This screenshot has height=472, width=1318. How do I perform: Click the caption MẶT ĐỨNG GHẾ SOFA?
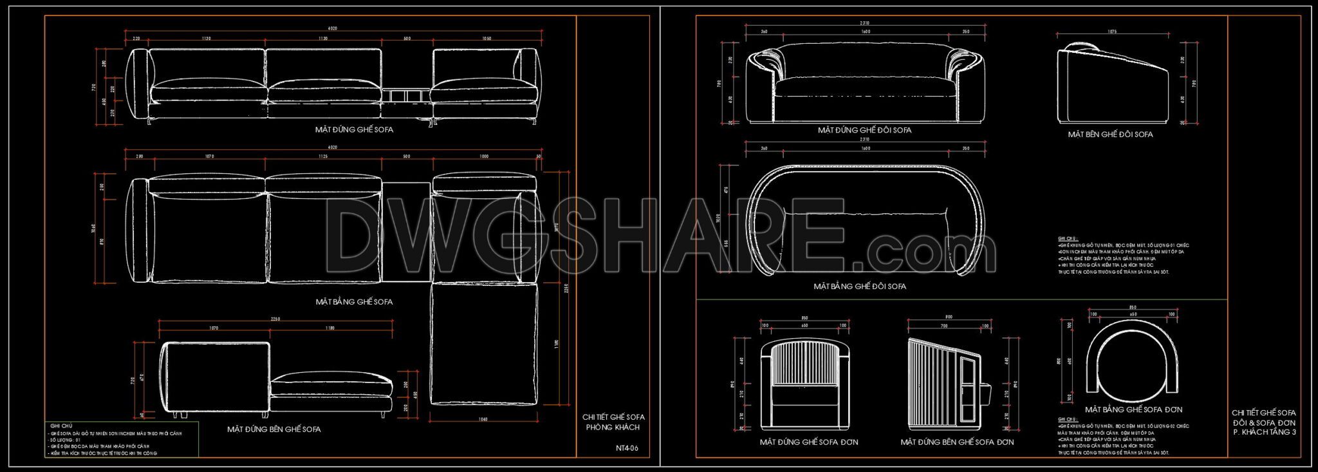point(354,129)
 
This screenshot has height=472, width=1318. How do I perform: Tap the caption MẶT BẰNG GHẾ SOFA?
point(354,301)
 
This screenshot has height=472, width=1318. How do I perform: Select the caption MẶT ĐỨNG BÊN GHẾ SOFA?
point(274,429)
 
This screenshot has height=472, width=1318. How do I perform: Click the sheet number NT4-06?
point(627,448)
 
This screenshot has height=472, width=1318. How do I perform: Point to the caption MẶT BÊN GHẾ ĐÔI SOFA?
point(1110,135)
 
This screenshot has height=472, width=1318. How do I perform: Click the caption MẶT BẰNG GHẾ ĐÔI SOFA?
point(860,286)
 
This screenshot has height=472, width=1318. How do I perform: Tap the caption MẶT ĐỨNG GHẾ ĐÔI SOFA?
point(864,130)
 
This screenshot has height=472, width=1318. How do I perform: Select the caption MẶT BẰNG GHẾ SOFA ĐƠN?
point(1133,410)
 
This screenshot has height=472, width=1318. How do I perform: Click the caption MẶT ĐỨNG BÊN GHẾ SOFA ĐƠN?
point(957,442)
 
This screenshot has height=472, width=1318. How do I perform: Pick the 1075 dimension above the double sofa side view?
point(1111,32)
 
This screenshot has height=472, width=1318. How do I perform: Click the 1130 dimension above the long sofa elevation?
point(323,39)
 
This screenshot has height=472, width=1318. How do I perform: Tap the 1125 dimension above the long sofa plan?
point(323,156)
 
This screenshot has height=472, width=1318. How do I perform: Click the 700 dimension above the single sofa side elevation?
point(944,326)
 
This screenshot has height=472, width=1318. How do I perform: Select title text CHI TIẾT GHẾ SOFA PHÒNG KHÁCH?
point(613,422)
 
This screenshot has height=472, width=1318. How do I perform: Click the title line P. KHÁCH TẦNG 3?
point(1264,432)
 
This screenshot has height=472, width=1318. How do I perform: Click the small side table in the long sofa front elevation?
point(406,96)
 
